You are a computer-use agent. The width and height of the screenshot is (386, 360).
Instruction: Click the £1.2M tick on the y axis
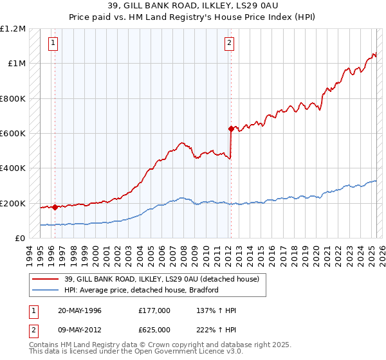coord(14,29)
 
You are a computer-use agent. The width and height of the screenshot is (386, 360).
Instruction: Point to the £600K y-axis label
coord(14,134)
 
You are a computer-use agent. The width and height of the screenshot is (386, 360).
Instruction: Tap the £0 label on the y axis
coord(20,239)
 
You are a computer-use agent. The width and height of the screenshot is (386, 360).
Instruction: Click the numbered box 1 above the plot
coord(52,44)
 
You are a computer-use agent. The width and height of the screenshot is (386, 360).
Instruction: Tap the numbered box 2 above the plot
coord(228,44)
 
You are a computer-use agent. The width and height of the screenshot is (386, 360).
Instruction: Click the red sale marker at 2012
coord(231,129)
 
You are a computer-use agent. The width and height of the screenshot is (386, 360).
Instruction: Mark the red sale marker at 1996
coord(55,207)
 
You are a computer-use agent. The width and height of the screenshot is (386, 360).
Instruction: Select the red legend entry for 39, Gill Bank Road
coord(161,279)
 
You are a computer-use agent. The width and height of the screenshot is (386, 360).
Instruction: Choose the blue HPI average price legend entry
coord(141,290)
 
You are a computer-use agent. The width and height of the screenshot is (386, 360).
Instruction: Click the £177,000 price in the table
coord(154,310)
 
